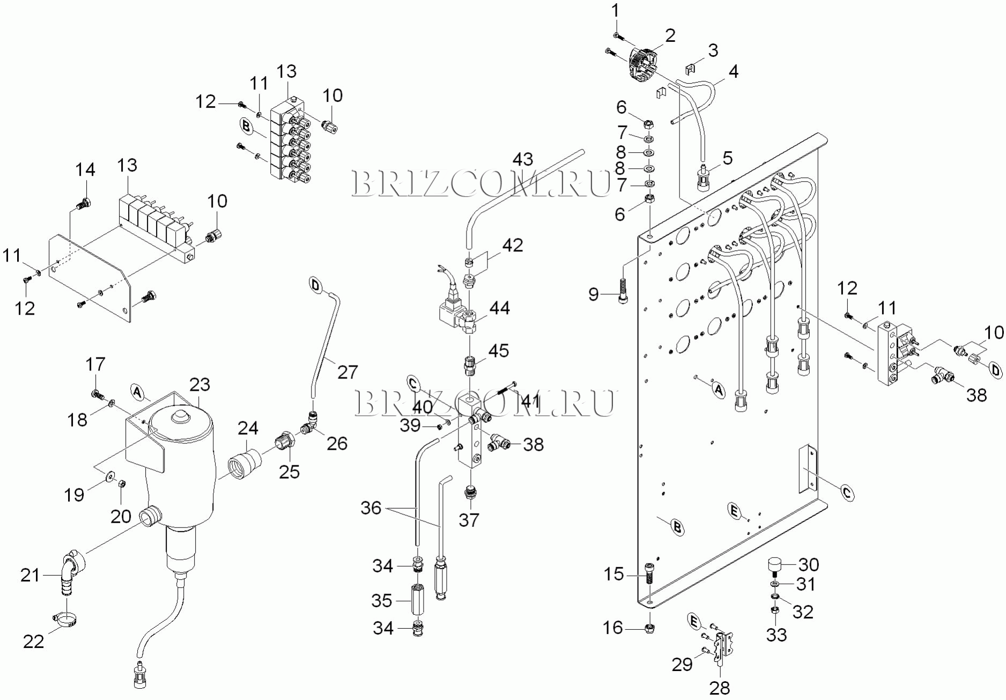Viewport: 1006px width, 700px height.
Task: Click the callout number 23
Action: [199, 385]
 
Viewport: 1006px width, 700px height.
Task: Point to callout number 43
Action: [523, 159]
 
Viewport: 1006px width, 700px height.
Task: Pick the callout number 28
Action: [720, 688]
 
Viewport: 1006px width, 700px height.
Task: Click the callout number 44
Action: [499, 308]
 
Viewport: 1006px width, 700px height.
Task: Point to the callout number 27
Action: [347, 371]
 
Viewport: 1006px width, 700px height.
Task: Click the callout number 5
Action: [727, 158]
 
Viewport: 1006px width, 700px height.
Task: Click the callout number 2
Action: [670, 36]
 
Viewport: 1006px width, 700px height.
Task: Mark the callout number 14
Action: [85, 170]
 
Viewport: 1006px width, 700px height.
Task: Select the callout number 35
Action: [382, 600]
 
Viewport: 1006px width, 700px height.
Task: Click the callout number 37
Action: [469, 519]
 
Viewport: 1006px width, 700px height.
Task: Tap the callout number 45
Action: [498, 351]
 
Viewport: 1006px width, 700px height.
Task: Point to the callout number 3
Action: [713, 50]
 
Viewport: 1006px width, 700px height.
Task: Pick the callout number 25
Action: [289, 472]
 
